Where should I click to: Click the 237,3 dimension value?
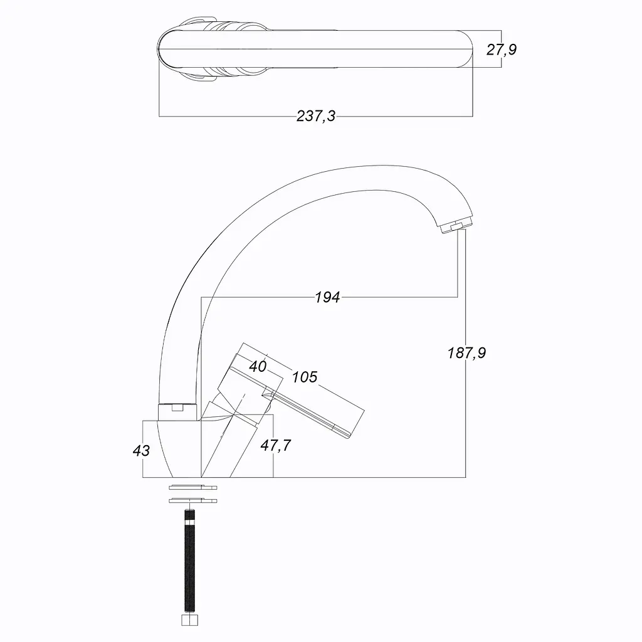[x=316, y=116]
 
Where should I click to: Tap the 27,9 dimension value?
[x=501, y=50]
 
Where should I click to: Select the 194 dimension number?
[x=327, y=297]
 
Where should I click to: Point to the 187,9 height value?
[x=466, y=352]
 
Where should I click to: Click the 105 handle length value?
[x=304, y=377]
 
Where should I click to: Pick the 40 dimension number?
[x=258, y=366]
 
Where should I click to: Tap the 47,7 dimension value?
[x=276, y=445]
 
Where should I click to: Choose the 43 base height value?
[x=141, y=450]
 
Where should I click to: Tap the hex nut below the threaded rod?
[x=189, y=620]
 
